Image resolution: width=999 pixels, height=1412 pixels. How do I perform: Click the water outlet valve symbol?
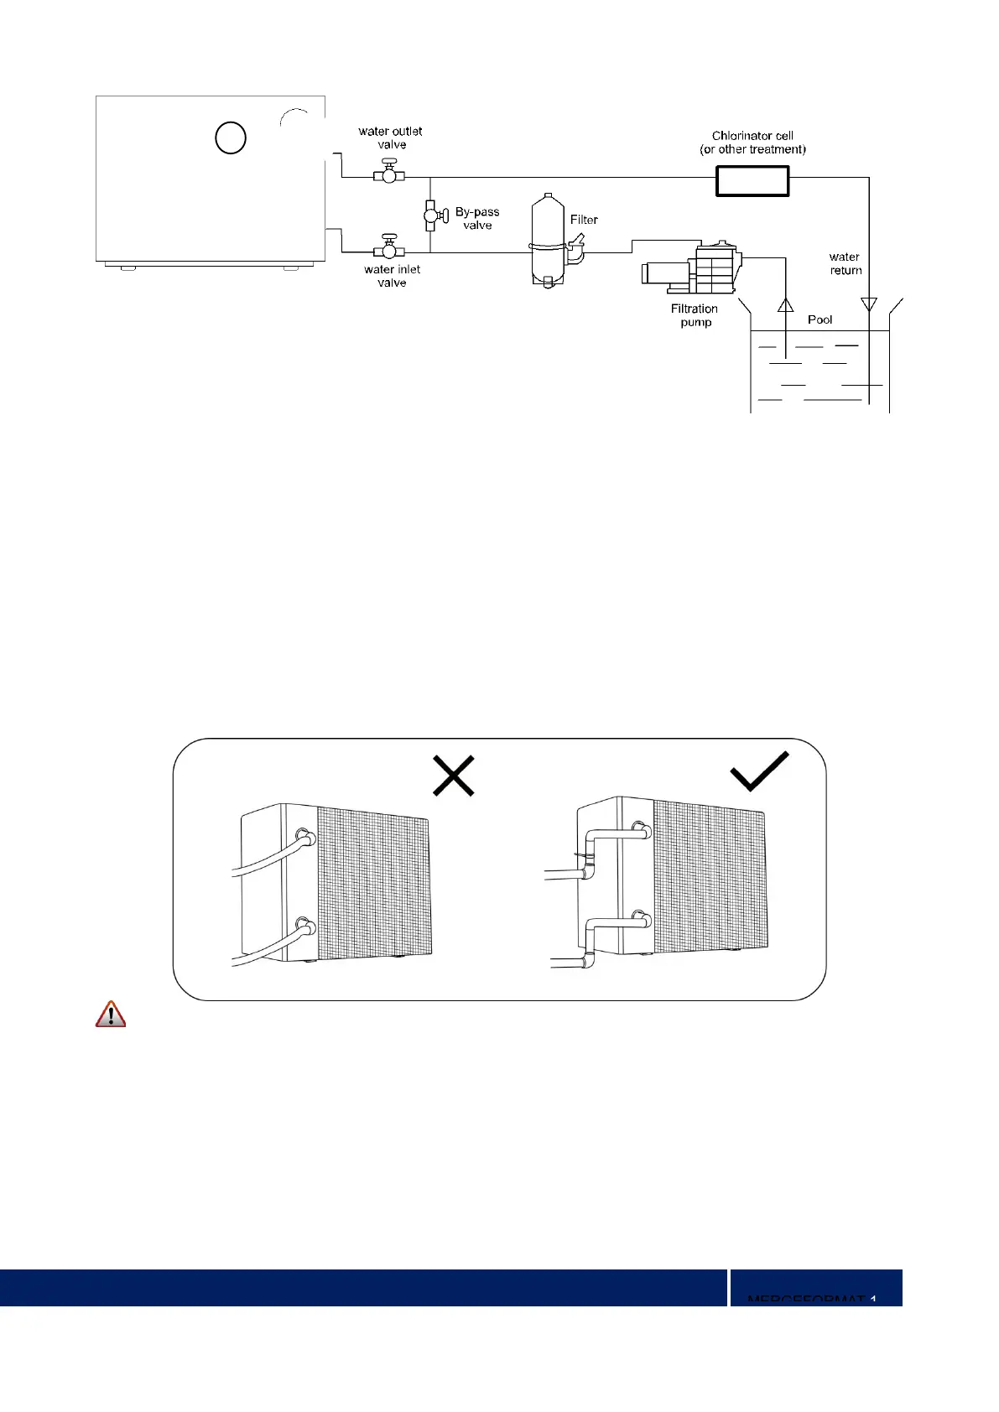(x=388, y=174)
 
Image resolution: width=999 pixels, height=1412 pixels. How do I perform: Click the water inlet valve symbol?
(x=388, y=249)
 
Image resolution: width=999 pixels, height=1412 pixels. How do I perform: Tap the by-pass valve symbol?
(x=433, y=215)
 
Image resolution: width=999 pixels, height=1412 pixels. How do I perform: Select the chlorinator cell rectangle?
(x=752, y=180)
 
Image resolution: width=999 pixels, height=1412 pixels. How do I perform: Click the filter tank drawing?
(x=548, y=240)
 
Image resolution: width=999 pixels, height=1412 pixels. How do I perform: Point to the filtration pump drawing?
(x=691, y=267)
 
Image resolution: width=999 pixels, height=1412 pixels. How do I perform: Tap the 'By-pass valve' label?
(x=477, y=219)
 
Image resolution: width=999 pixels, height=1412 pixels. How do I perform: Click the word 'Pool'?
(x=819, y=319)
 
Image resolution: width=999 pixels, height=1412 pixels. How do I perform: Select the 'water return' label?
(x=845, y=263)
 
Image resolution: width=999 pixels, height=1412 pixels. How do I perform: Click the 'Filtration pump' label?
(x=695, y=315)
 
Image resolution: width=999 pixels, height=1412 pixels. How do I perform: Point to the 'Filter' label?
(x=584, y=220)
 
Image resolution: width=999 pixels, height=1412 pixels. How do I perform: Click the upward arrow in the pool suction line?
(x=785, y=304)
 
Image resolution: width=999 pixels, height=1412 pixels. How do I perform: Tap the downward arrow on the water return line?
(x=869, y=304)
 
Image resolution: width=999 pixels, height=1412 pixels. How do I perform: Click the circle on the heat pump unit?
(x=230, y=138)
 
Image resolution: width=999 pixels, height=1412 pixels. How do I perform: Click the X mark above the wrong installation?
(x=454, y=775)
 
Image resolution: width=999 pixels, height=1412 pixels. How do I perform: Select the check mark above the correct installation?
(x=759, y=771)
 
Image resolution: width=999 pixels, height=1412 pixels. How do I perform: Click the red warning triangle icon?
(x=110, y=1015)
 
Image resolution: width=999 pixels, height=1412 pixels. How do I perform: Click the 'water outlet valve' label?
(x=390, y=138)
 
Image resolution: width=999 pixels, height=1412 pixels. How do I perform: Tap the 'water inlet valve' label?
(x=392, y=276)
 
